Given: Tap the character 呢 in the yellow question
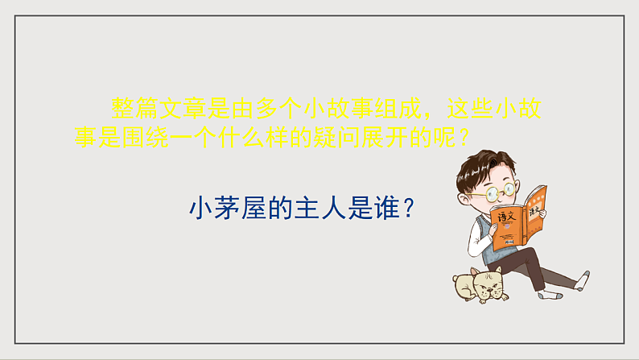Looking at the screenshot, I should [x=439, y=138].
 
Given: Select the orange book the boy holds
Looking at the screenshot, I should [x=521, y=215].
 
